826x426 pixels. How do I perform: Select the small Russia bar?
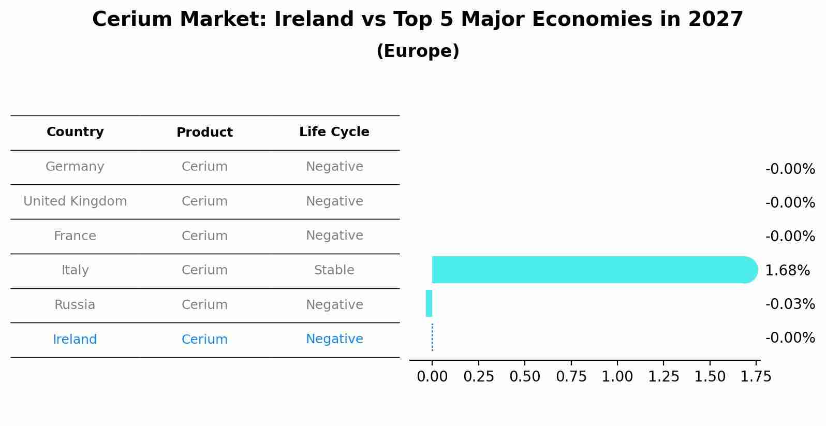point(429,303)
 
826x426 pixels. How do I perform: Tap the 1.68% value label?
point(787,270)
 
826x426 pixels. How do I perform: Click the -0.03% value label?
point(790,304)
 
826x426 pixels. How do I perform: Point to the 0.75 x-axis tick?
point(571,376)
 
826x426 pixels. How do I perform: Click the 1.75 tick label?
point(756,376)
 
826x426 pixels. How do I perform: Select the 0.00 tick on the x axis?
point(432,376)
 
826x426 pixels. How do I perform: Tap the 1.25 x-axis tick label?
point(663,376)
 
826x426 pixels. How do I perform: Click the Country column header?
point(75,132)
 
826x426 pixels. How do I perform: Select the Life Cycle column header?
point(334,132)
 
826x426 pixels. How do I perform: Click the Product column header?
point(204,133)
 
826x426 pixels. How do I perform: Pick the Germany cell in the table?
point(75,167)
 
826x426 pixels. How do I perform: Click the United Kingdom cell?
point(75,201)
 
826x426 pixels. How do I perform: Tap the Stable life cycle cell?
point(334,270)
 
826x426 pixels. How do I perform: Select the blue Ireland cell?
point(75,340)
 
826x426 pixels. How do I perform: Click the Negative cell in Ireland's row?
point(334,339)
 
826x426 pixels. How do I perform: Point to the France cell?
point(75,236)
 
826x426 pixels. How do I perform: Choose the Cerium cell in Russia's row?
point(204,305)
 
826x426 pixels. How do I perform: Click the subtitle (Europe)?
point(418,51)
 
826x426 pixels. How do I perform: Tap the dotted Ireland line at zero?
point(432,337)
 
